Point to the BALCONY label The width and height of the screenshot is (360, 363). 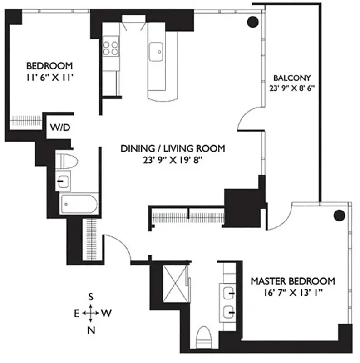pyautogui.click(x=291, y=77)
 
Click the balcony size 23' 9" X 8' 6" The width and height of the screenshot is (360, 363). pyautogui.click(x=291, y=89)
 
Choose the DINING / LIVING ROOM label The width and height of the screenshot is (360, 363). pyautogui.click(x=173, y=148)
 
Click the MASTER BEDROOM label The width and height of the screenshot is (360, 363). pyautogui.click(x=293, y=281)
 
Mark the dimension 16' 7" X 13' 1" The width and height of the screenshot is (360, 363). pyautogui.click(x=293, y=293)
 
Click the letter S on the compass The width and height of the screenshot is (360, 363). pyautogui.click(x=91, y=297)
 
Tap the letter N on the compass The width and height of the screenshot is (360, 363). pyautogui.click(x=91, y=330)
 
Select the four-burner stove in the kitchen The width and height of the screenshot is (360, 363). pyautogui.click(x=110, y=48)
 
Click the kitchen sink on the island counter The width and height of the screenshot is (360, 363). pyautogui.click(x=157, y=49)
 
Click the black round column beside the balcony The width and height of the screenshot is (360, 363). pyautogui.click(x=253, y=21)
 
